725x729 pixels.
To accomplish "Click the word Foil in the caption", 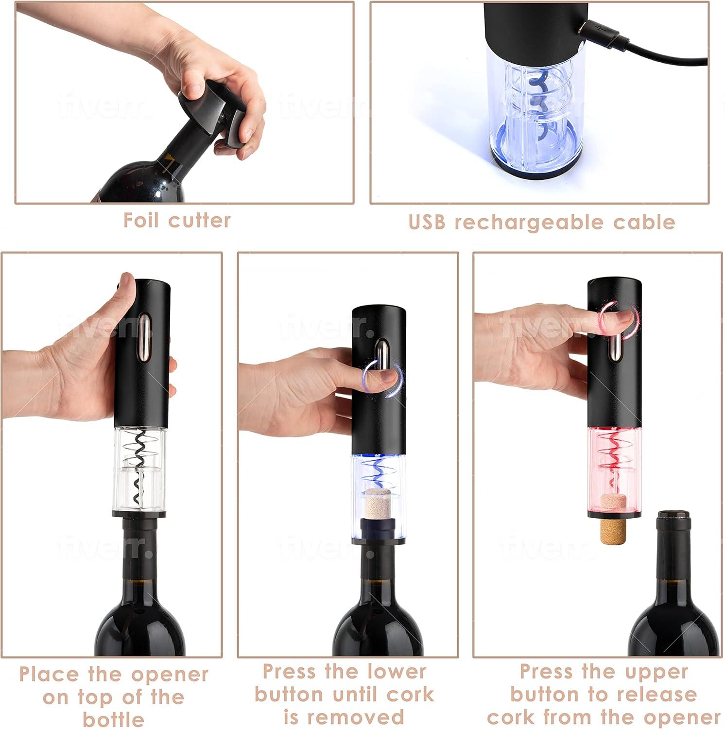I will click(x=142, y=220).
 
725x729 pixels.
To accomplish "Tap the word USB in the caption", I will click(x=427, y=222).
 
